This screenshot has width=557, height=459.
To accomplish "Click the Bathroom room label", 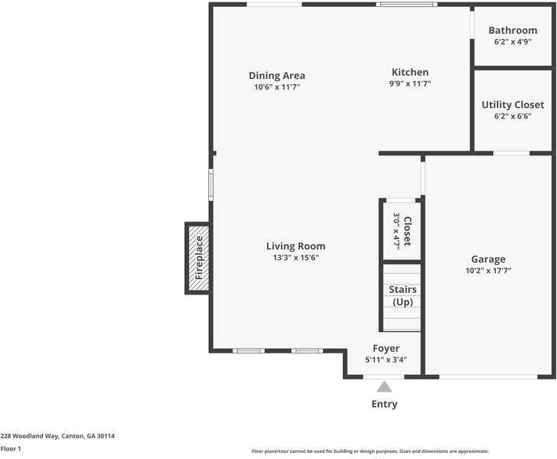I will pyautogui.click(x=513, y=31).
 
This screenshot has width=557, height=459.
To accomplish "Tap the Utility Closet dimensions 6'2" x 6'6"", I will pyautogui.click(x=513, y=116).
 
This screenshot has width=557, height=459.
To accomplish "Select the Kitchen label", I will pyautogui.click(x=410, y=73).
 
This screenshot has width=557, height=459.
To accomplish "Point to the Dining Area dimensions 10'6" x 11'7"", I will pyautogui.click(x=277, y=87).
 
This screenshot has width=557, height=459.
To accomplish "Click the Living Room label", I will pyautogui.click(x=295, y=246).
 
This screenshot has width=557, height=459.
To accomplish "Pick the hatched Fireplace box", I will pyautogui.click(x=198, y=258).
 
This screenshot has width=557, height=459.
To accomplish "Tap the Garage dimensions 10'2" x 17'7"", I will pyautogui.click(x=488, y=270).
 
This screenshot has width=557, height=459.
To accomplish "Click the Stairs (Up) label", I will pyautogui.click(x=402, y=296).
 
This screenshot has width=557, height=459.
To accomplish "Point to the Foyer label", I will pyautogui.click(x=386, y=349).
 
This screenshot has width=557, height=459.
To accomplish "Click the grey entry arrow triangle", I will pyautogui.click(x=384, y=387).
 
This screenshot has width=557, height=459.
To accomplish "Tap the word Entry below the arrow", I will pyautogui.click(x=384, y=404).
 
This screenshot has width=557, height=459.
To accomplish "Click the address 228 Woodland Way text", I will pyautogui.click(x=57, y=435).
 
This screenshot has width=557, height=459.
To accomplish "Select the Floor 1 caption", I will pyautogui.click(x=11, y=448).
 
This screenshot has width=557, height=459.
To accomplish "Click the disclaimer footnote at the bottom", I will pyautogui.click(x=370, y=451).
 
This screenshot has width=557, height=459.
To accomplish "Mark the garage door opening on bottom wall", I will pyautogui.click(x=488, y=376).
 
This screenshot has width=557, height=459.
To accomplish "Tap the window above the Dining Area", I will pyautogui.click(x=274, y=5).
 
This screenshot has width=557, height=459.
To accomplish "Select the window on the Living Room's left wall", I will pyautogui.click(x=211, y=184).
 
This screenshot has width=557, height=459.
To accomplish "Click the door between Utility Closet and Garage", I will pyautogui.click(x=511, y=153).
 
